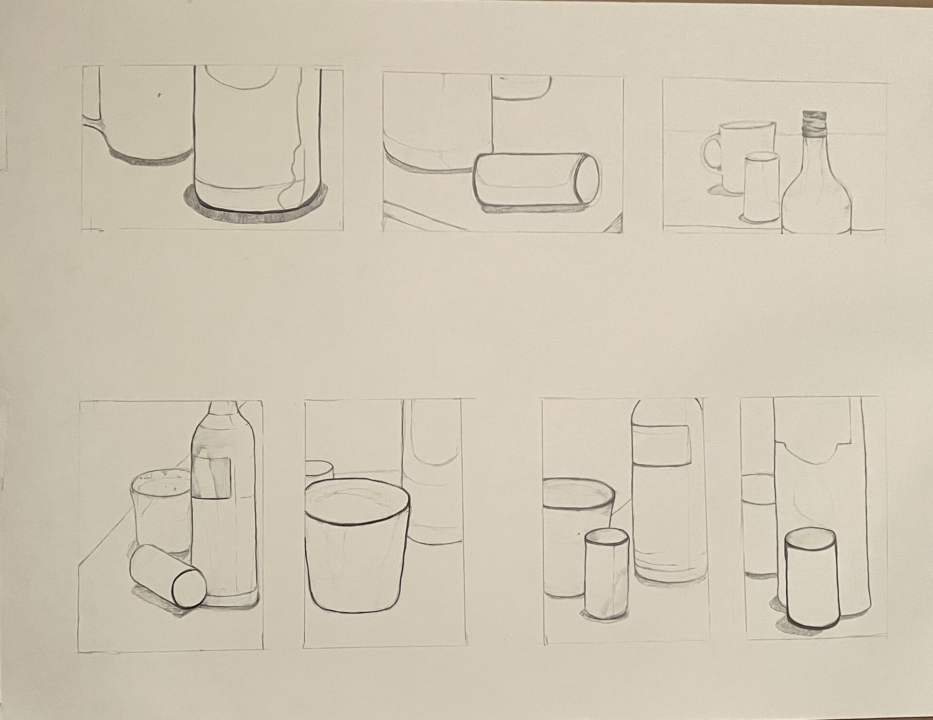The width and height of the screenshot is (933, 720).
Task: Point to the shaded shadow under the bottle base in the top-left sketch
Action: click(x=253, y=214)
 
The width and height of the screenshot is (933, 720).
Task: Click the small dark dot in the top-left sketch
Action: click(x=160, y=95)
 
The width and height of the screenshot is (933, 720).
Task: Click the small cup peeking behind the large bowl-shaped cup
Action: click(x=318, y=470)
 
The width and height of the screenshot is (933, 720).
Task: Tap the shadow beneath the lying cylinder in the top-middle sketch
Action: click(x=530, y=209)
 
